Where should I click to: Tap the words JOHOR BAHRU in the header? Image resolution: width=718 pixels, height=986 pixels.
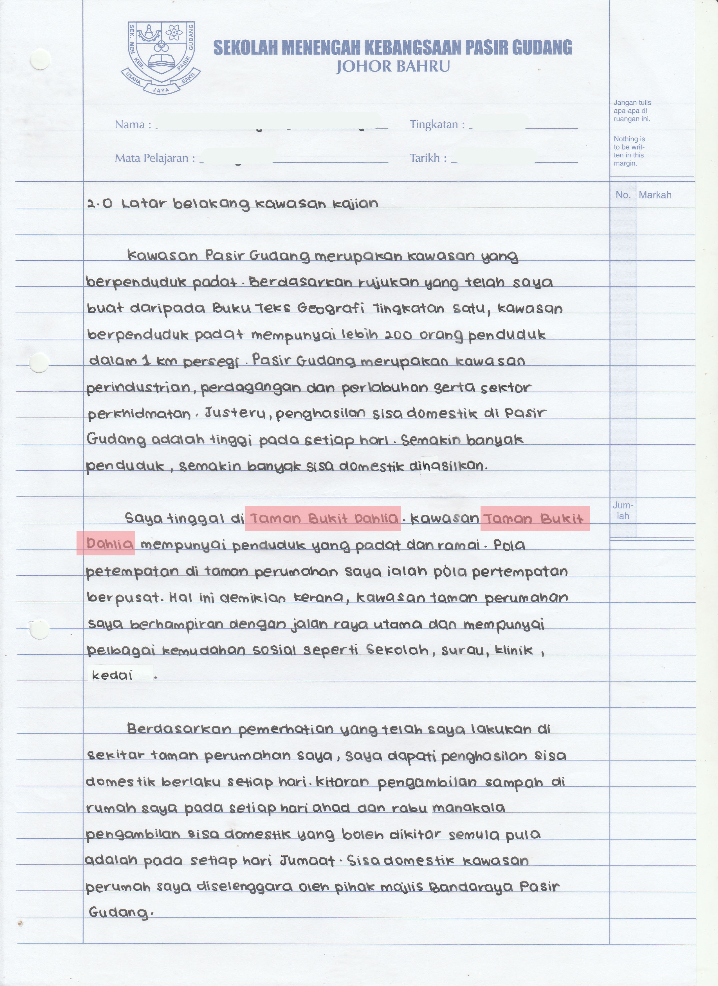tap(393, 67)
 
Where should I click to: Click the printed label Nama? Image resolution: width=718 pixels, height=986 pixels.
tap(130, 125)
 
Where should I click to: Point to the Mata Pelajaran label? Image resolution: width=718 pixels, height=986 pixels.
tap(151, 158)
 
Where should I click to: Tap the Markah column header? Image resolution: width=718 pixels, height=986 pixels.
tap(655, 195)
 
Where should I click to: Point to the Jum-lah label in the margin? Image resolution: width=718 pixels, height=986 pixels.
tap(623, 511)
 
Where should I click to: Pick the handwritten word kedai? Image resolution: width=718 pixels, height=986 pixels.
tap(112, 676)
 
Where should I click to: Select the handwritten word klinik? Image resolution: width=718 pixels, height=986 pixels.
tap(514, 650)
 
